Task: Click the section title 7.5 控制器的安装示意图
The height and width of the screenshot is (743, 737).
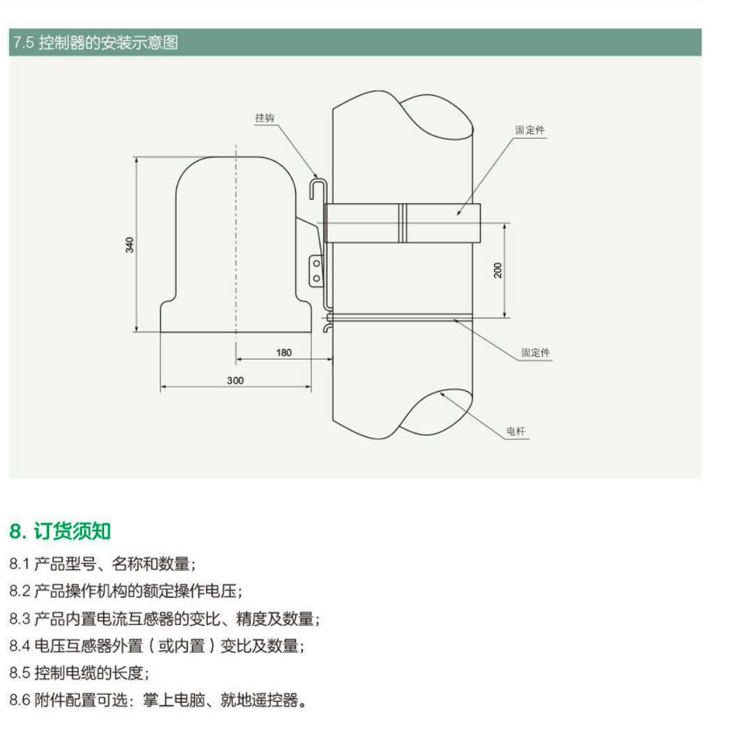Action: pyautogui.click(x=96, y=43)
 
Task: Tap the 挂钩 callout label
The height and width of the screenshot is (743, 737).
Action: pyautogui.click(x=265, y=118)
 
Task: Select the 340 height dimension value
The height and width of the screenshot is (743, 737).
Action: pyautogui.click(x=130, y=244)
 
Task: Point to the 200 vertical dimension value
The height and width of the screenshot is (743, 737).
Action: pyautogui.click(x=498, y=270)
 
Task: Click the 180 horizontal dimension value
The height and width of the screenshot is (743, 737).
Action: pyautogui.click(x=283, y=353)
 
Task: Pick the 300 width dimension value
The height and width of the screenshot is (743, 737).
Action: pyautogui.click(x=235, y=381)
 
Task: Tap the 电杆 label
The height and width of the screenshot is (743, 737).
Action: pyautogui.click(x=515, y=431)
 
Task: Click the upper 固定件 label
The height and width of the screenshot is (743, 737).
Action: pyautogui.click(x=530, y=131)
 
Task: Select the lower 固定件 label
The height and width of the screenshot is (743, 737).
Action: pyautogui.click(x=535, y=353)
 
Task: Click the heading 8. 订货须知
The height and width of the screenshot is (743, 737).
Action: pyautogui.click(x=60, y=531)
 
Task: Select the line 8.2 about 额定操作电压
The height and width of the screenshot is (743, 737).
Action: pyautogui.click(x=126, y=591)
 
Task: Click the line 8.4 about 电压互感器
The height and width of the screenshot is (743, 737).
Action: pyautogui.click(x=157, y=646)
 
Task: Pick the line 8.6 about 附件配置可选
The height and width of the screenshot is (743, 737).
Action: pyautogui.click(x=158, y=700)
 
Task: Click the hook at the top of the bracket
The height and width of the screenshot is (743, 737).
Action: pyautogui.click(x=318, y=187)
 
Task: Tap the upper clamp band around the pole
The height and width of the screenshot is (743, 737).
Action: pyautogui.click(x=440, y=223)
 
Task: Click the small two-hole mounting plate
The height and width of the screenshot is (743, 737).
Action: pyautogui.click(x=316, y=271)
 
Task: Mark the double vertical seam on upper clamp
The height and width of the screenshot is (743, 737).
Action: pyautogui.click(x=403, y=223)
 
